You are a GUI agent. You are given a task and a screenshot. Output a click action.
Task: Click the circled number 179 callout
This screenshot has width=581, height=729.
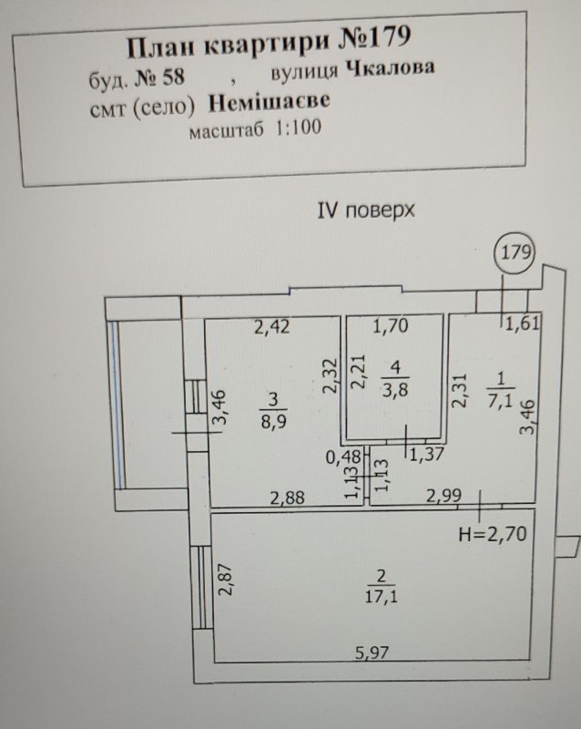pyautogui.click(x=515, y=253)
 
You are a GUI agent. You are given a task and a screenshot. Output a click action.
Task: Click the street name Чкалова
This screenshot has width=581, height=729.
pyautogui.click(x=391, y=69)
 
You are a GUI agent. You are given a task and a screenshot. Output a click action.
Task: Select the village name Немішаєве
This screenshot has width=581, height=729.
pyautogui.click(x=270, y=102)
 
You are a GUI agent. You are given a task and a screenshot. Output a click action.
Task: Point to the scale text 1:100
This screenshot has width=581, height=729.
pyautogui.click(x=299, y=128)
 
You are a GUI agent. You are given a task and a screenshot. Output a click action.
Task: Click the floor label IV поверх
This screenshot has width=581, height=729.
pyautogui.click(x=365, y=210)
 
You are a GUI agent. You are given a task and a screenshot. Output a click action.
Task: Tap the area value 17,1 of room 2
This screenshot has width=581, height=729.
pyautogui.click(x=382, y=596)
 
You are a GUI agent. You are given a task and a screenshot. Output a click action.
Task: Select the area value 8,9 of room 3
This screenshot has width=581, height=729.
pyautogui.click(x=273, y=422)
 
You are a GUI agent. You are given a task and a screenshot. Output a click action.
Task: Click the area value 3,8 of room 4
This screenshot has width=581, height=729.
pyautogui.click(x=395, y=389)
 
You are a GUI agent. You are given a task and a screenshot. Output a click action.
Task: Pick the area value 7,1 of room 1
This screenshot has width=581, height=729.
pyautogui.click(x=501, y=399)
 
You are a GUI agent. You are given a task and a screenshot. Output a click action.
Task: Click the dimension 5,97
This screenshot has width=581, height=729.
pyautogui.click(x=372, y=652)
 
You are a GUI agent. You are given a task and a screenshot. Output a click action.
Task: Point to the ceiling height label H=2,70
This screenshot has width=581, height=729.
pyautogui.click(x=493, y=534)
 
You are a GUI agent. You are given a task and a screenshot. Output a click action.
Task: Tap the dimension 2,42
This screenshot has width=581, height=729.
pyautogui.click(x=272, y=327)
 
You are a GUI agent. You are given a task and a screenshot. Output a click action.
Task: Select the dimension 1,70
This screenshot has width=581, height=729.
pyautogui.click(x=391, y=326)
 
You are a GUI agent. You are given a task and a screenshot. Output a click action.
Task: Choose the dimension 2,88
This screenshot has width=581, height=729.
pyautogui.click(x=287, y=498)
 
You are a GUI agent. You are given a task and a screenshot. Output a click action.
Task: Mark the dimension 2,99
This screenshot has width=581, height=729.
pyautogui.click(x=443, y=496)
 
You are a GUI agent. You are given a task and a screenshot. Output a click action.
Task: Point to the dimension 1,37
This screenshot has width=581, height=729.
pyautogui.click(x=427, y=454)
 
